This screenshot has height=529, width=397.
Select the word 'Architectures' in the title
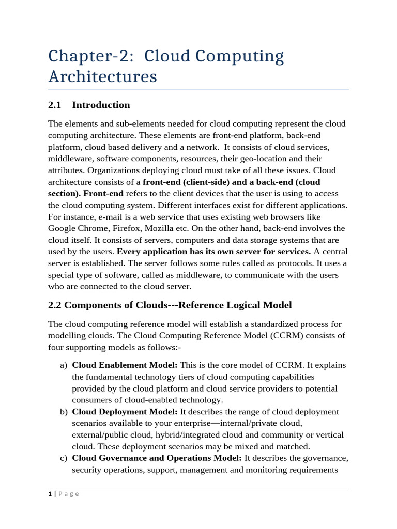pyautogui.click(x=102, y=76)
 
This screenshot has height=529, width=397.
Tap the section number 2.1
pyautogui.click(x=54, y=105)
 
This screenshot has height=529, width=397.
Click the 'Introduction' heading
pyautogui.click(x=101, y=105)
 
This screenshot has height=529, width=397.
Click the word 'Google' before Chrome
pyautogui.click(x=62, y=228)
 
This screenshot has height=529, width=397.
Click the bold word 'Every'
pyautogui.click(x=128, y=252)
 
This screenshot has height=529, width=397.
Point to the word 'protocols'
pyautogui.click(x=264, y=263)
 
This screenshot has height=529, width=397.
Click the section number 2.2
pyautogui.click(x=54, y=305)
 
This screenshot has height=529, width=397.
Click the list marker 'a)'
pyautogui.click(x=63, y=365)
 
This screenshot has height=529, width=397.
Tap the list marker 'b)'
pyautogui.click(x=63, y=412)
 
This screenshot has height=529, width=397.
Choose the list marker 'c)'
pyautogui.click(x=63, y=458)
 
